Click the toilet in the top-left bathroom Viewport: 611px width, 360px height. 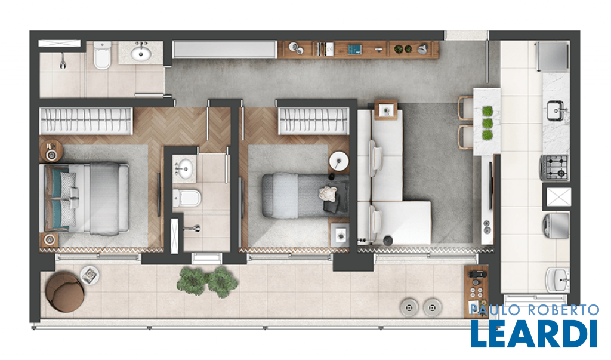102,56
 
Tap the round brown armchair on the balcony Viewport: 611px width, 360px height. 64,292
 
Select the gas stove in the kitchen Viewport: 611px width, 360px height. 554,167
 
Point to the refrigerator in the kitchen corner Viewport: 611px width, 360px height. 552,57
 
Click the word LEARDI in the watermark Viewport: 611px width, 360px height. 534,334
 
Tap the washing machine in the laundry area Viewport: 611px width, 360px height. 556,226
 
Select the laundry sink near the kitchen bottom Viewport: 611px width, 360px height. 558,279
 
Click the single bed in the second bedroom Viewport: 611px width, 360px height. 305,195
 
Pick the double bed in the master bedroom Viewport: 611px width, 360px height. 86,199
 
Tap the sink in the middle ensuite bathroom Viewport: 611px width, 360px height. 184,169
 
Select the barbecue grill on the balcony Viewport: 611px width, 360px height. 476,287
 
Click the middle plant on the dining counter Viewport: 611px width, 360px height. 487,124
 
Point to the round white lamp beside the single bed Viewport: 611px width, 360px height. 339,161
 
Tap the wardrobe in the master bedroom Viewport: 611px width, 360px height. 86,121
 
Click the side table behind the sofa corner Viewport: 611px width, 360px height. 386,110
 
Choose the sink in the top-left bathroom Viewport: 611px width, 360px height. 141,53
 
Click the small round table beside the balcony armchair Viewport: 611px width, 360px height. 90,275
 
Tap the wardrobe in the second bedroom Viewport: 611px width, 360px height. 314,121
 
